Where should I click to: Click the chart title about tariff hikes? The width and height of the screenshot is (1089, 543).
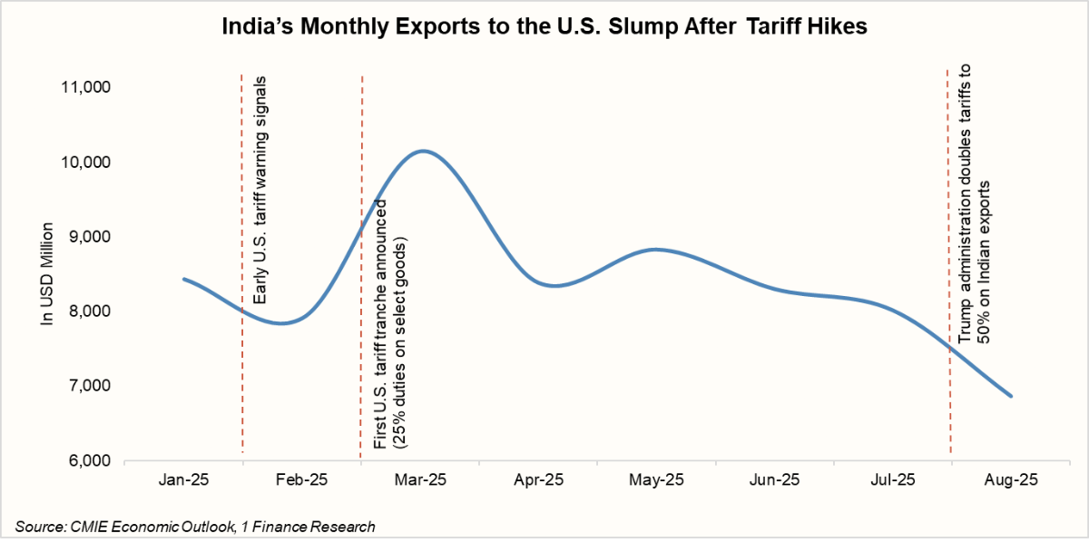tap(544, 27)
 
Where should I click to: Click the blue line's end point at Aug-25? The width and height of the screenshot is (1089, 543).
tap(1011, 397)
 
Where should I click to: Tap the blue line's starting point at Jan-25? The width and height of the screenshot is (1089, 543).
tap(184, 279)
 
